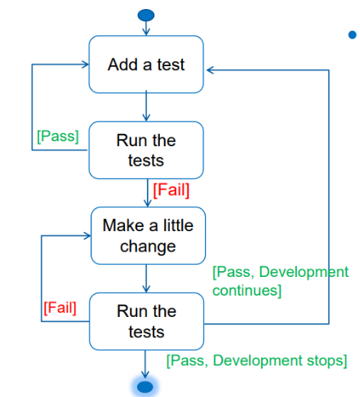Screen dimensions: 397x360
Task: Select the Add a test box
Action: tap(146, 64)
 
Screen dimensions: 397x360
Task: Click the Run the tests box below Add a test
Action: tap(146, 150)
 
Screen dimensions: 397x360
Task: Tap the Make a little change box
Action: tap(148, 234)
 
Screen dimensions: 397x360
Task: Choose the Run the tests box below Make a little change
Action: tap(146, 321)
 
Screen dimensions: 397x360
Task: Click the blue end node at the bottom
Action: tap(146, 386)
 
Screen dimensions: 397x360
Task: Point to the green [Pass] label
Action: tap(58, 136)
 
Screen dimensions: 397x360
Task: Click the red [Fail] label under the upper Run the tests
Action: tap(171, 191)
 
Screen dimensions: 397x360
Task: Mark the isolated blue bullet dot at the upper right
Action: tap(352, 34)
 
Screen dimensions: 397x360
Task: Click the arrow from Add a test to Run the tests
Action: tap(146, 107)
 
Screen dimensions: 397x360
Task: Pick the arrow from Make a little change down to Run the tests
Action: tap(146, 279)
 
